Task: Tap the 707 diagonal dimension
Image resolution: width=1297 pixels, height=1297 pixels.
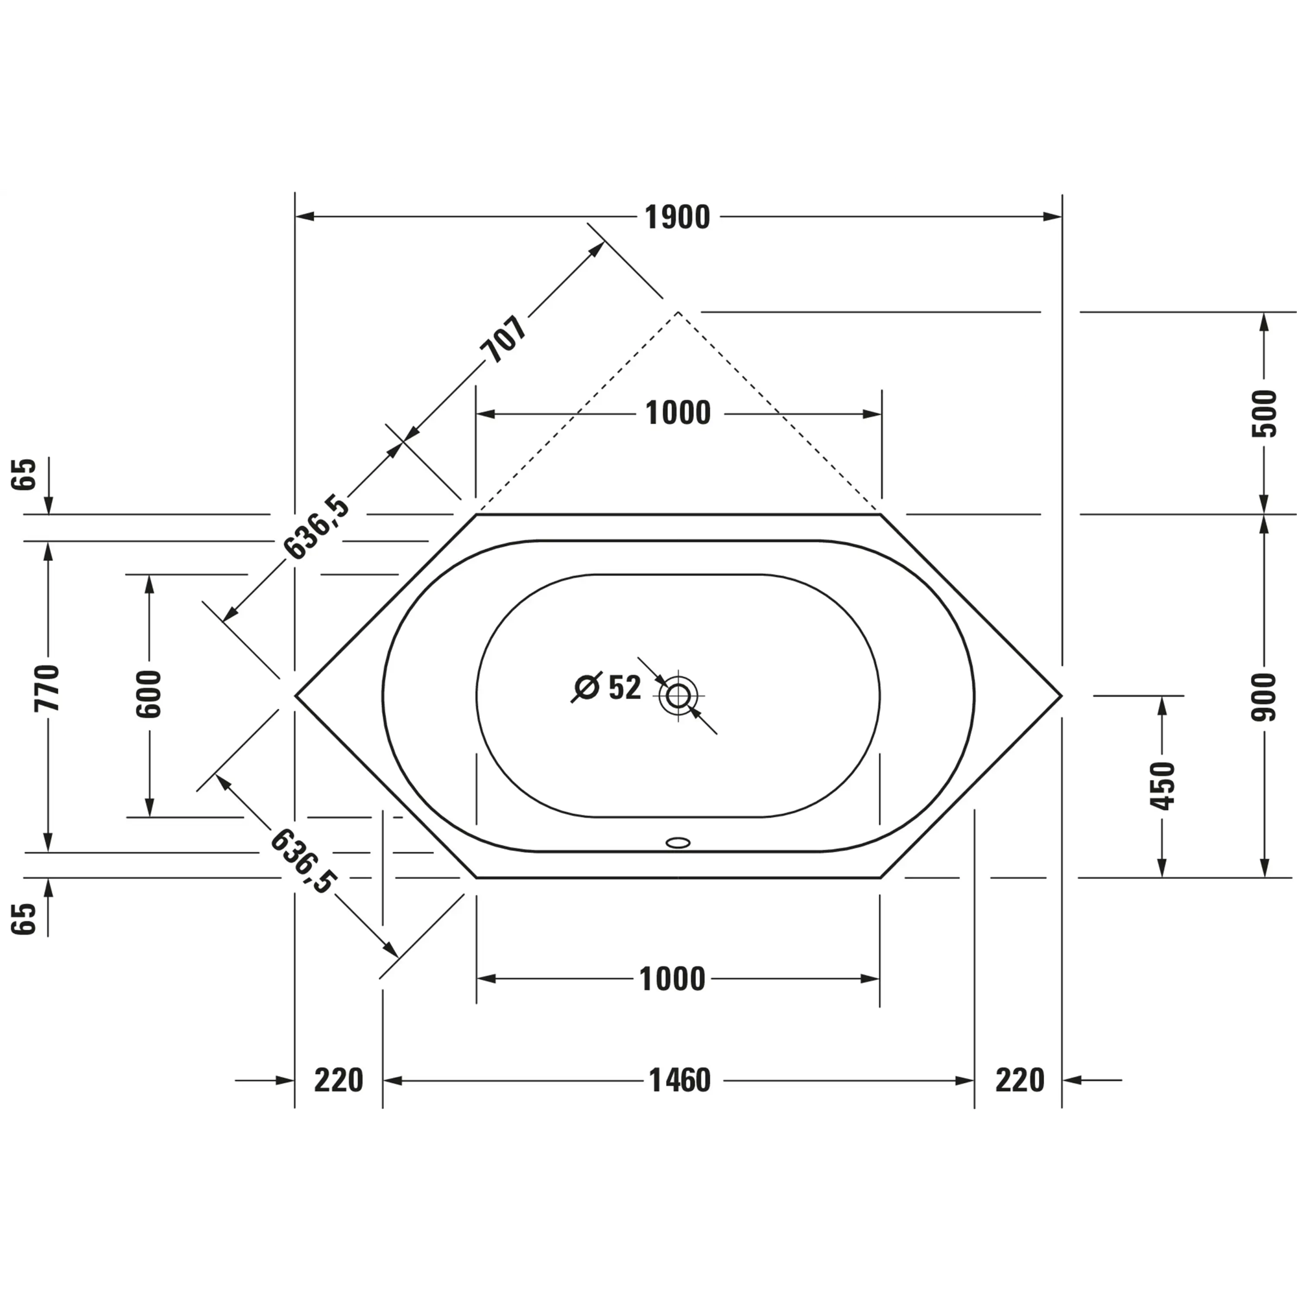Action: pos(503,339)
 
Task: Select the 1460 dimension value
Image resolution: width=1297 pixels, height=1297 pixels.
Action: pos(680,1081)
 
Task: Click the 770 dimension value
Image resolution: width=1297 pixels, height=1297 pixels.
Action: pos(47,688)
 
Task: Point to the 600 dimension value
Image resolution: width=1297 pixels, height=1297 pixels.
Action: pos(149,694)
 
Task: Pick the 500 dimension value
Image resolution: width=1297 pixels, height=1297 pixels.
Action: pos(1264,414)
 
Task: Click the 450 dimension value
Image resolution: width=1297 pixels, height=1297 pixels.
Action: pos(1162,786)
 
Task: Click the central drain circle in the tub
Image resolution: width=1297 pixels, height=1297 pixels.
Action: pos(678,696)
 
